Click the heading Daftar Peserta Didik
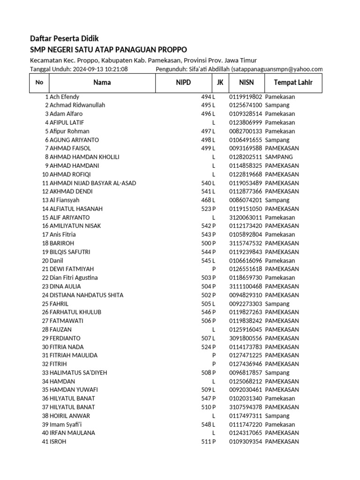click(64, 38)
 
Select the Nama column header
click(102, 83)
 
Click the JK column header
click(220, 83)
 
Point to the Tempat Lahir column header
click(293, 83)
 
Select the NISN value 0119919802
click(246, 97)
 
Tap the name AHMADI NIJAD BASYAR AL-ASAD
click(93, 183)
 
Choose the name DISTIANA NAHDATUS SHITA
click(86, 295)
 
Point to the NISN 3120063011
click(246, 217)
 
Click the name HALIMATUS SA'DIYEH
click(78, 373)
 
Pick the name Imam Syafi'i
click(66, 424)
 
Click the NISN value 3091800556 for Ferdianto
click(246, 338)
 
